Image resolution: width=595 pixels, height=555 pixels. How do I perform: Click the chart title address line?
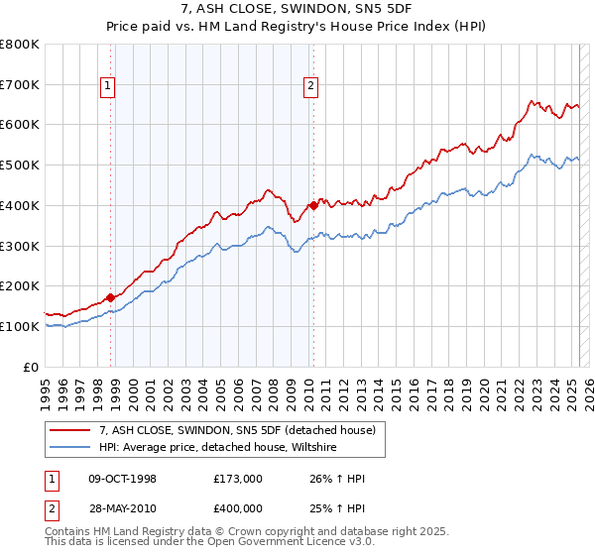(x=297, y=9)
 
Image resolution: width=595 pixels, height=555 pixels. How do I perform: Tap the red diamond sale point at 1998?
(x=111, y=296)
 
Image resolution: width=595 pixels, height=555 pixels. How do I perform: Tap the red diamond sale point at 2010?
(x=313, y=205)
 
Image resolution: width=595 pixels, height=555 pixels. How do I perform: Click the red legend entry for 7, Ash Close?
(x=237, y=430)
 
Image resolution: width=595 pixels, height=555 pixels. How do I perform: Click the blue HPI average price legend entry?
(x=217, y=447)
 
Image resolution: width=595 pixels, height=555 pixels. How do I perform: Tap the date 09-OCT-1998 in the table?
(x=123, y=479)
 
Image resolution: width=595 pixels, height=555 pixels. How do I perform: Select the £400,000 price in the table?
(x=238, y=508)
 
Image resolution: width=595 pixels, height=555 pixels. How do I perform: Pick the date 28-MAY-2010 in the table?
(x=123, y=508)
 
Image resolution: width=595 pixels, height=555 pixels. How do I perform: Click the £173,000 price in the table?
(x=238, y=479)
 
